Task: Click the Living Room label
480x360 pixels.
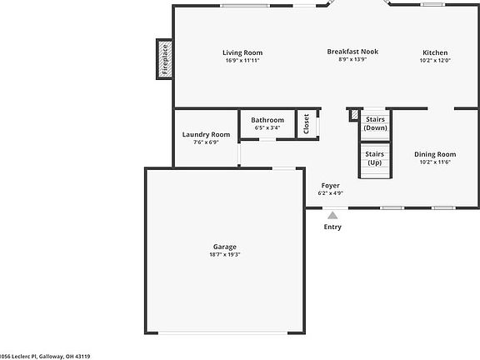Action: point(242,52)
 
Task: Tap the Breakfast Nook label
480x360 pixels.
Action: point(352,52)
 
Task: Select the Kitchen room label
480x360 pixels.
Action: point(434,52)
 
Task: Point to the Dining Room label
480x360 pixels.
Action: point(435,154)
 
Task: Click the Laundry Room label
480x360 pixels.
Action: point(206,134)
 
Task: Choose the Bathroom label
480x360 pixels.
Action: point(268,120)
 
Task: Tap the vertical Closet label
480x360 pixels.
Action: point(306,124)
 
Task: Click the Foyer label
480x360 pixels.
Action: point(330,185)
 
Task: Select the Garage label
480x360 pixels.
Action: point(224,247)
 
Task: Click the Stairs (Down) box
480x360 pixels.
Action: point(375,124)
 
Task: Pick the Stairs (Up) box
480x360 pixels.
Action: point(375,158)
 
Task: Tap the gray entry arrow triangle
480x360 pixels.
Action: point(332,215)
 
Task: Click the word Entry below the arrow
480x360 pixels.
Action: point(332,227)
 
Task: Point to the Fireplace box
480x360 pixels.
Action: point(164,59)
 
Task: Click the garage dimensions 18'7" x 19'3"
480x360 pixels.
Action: point(224,255)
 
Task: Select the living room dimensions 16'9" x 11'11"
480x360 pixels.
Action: point(242,60)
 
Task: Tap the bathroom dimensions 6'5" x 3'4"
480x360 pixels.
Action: point(268,128)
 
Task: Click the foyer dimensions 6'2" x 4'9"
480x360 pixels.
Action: point(330,193)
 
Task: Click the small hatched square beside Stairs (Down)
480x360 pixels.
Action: point(353,114)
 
